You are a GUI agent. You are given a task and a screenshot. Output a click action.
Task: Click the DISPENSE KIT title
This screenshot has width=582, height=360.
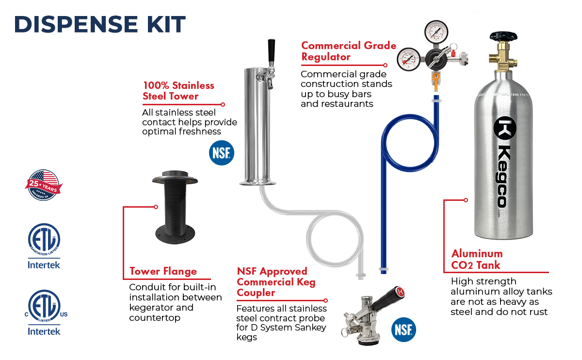[x=99, y=24]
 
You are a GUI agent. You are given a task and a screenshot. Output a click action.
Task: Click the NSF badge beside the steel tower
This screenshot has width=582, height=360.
[x=222, y=153]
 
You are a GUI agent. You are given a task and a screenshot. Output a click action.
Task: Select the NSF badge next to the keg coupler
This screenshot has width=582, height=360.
[x=404, y=330]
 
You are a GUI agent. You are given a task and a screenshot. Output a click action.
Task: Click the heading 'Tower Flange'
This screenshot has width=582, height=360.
[x=163, y=271]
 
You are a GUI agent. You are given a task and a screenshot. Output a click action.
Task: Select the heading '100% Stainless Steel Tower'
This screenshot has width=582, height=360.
[x=178, y=91]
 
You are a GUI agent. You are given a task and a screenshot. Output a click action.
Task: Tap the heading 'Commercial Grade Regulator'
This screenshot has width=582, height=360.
[x=348, y=51]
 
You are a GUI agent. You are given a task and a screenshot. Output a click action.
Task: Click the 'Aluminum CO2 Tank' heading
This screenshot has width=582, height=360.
[x=477, y=259]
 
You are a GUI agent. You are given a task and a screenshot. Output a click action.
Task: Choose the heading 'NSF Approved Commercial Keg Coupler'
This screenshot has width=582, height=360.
[x=275, y=282]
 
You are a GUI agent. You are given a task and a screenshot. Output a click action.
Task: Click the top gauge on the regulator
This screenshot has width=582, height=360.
[x=436, y=32]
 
